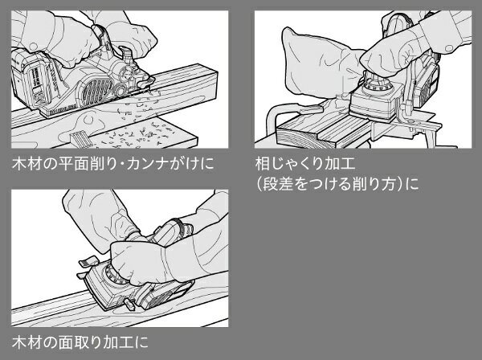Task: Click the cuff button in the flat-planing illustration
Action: point(33,46)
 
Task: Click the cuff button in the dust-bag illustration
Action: point(449,48)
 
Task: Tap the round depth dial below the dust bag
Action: point(378,85)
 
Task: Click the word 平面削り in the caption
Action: point(89,164)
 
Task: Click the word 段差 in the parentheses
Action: point(278,184)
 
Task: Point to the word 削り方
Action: point(374,184)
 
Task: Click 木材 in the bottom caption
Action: point(27,342)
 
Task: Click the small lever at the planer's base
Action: point(129,305)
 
